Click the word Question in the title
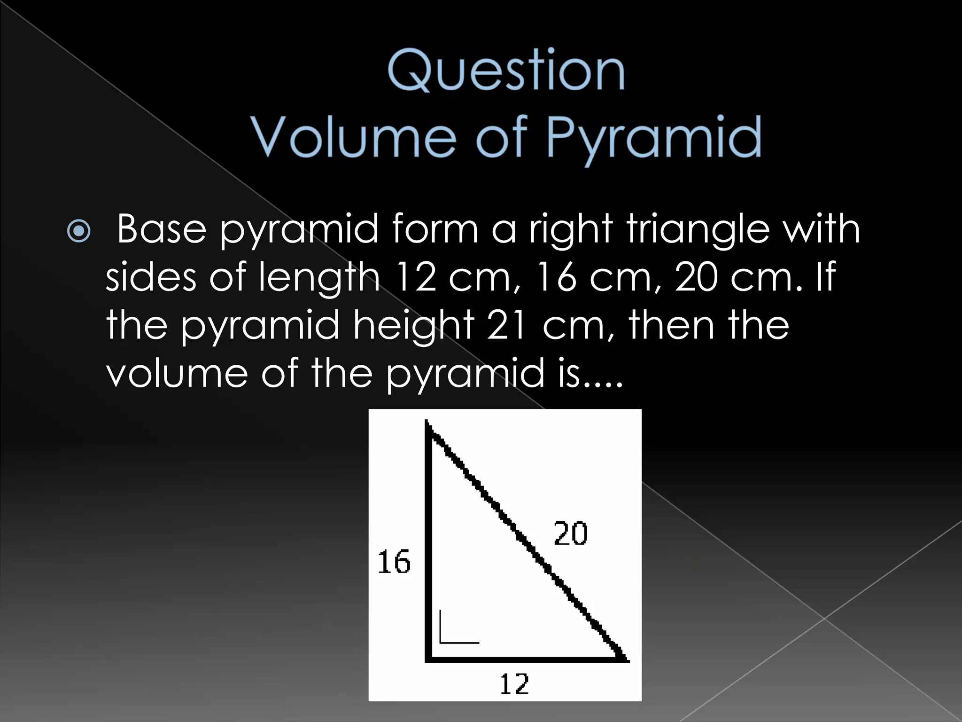click(x=506, y=72)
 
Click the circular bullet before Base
click(x=78, y=231)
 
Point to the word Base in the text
click(x=162, y=229)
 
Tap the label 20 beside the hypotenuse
click(x=570, y=534)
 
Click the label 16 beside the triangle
click(x=394, y=562)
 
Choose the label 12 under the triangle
click(x=514, y=684)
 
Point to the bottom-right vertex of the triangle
click(x=627, y=659)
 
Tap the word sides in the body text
click(x=150, y=277)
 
